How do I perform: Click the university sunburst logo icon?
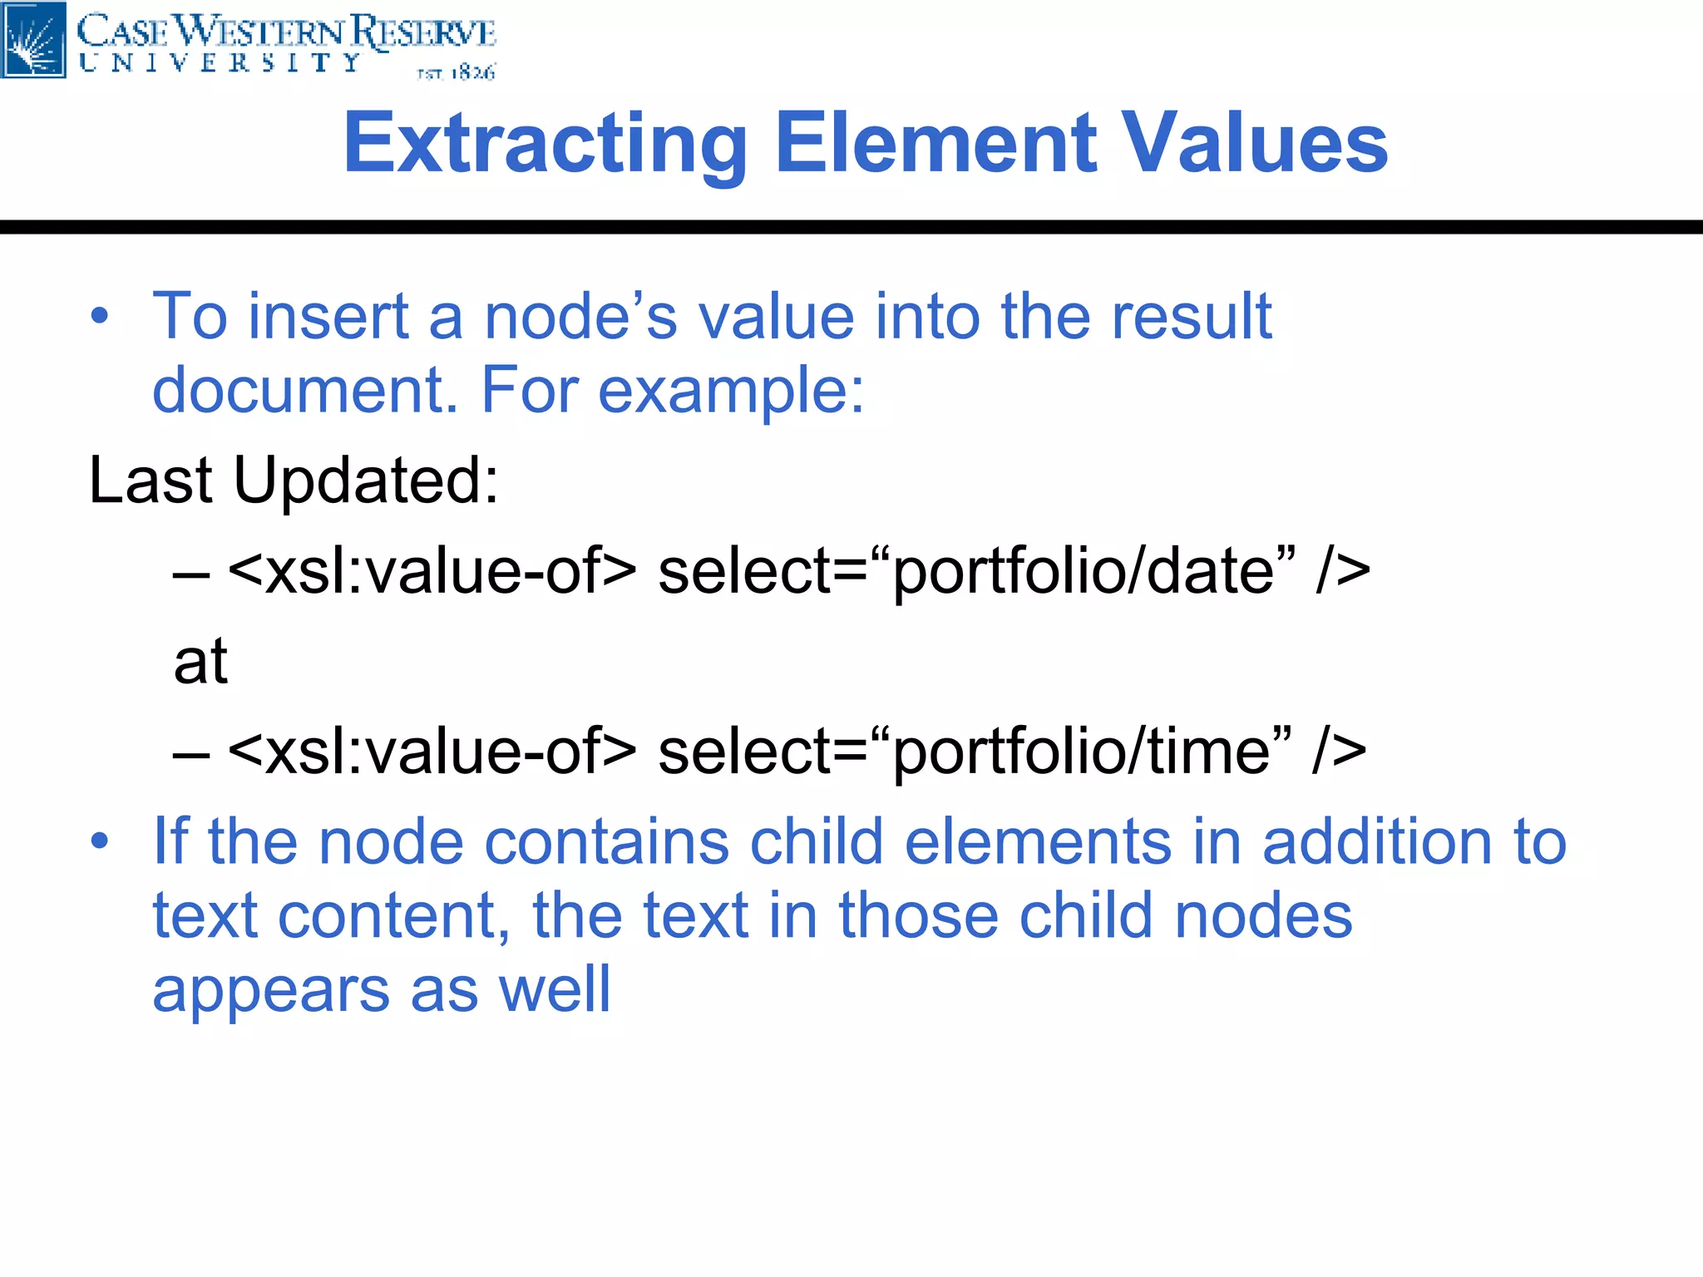click(33, 39)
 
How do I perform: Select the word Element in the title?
click(935, 144)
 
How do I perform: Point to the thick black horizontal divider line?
click(851, 227)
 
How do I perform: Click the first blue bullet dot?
click(100, 317)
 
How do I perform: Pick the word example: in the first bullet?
click(732, 391)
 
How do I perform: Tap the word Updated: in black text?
click(366, 481)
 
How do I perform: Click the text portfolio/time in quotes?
click(1081, 752)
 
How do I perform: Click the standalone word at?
click(200, 662)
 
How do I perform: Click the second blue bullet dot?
click(100, 841)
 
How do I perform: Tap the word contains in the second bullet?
click(607, 842)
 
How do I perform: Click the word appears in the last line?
click(270, 991)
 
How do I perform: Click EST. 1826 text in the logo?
click(456, 73)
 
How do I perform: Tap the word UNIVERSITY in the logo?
click(220, 63)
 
